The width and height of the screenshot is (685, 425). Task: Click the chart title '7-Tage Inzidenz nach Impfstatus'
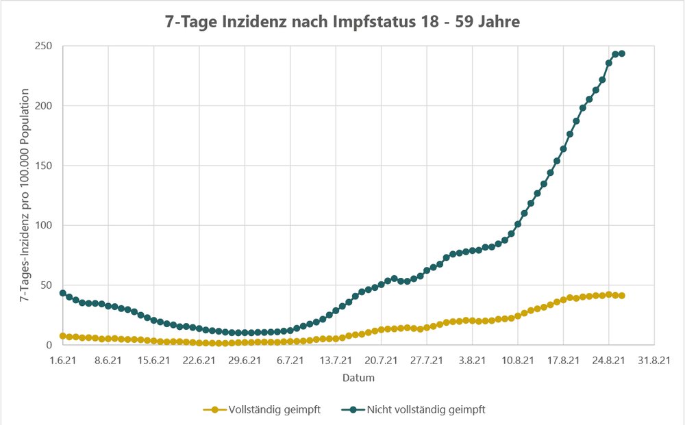342,22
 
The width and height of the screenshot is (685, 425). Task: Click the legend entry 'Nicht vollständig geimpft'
420,409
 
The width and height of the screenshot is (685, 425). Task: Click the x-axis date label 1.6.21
62,360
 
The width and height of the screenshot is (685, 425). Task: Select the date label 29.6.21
245,360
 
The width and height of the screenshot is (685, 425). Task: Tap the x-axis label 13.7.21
336,360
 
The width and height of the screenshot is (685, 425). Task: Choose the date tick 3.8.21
472,360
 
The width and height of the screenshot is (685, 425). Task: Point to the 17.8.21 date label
563,360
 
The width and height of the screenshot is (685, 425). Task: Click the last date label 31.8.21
654,360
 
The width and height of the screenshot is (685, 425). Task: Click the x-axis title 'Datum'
358,377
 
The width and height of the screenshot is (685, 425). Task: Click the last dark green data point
622,53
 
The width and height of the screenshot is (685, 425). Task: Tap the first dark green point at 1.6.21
62,293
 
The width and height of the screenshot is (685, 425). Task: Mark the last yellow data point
622,296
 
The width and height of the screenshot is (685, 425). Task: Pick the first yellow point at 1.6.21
62,336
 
